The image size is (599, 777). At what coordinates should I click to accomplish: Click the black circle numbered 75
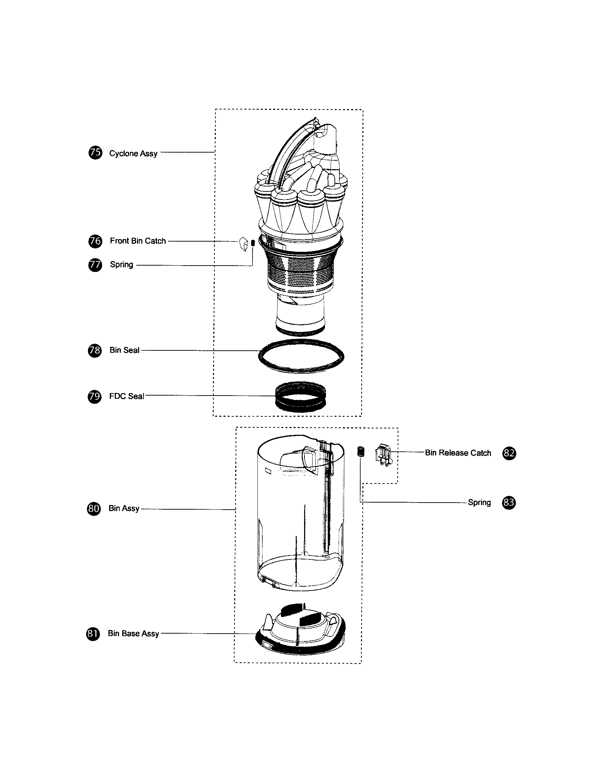[x=95, y=153]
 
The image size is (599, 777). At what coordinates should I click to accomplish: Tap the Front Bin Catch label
[x=138, y=241]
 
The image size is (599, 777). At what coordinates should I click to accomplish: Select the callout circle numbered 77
[x=95, y=265]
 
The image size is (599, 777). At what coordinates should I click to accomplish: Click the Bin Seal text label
[x=124, y=350]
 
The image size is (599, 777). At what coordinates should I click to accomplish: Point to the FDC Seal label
[x=126, y=396]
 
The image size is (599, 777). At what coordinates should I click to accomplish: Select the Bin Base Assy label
[x=133, y=633]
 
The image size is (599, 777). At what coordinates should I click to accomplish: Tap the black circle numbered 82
[x=509, y=453]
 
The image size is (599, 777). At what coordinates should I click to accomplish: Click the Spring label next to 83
[x=479, y=502]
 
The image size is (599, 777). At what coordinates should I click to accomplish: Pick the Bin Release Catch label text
[x=457, y=453]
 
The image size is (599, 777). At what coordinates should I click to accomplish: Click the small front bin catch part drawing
[x=243, y=244]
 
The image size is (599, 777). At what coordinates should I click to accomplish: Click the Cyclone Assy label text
[x=133, y=153]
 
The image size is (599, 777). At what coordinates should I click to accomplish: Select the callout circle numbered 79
[x=94, y=396]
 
